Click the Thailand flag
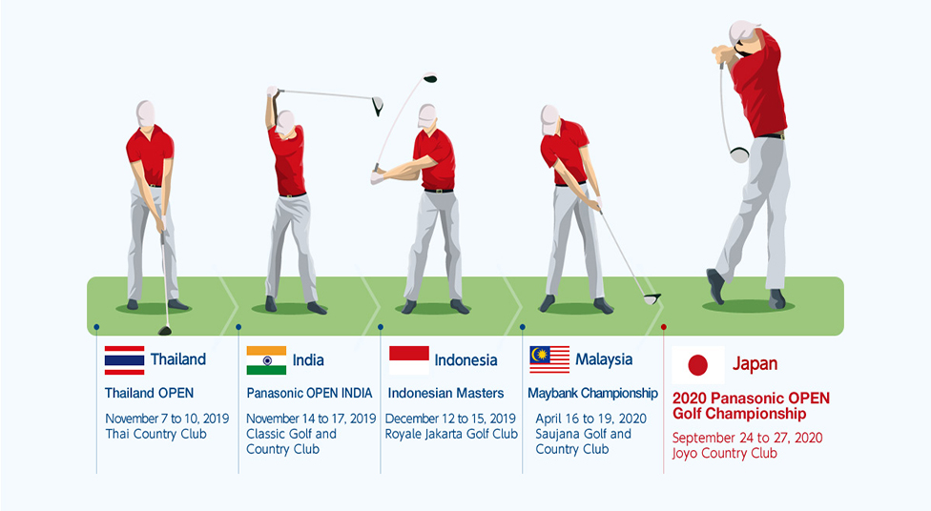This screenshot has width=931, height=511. pos(124,360)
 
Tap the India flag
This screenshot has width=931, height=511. pos(266,360)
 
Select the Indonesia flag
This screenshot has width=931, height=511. pos(408,360)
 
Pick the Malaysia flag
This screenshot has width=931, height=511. pos(549,359)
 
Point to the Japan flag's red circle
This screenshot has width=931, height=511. pos(697,365)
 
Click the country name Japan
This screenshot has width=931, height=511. pos(755,364)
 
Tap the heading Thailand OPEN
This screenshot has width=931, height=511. pos(149,393)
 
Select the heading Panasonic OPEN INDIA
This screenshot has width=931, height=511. pos(309,393)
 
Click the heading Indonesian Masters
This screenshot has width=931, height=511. pos(445,393)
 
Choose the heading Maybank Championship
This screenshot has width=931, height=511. pos(592,394)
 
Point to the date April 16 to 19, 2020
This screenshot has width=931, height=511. pos(590,419)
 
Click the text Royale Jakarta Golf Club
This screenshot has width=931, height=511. pos(451,434)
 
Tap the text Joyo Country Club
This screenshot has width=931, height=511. pos(724,454)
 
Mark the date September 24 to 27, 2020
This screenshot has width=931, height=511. pos(747,438)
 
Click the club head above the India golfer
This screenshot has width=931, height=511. pos(378,106)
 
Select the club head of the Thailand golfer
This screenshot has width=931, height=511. pos(165,331)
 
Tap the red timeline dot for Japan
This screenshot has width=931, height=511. pos(663,327)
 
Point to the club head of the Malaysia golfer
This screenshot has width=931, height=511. pos(652,299)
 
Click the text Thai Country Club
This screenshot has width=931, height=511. pos(155,434)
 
